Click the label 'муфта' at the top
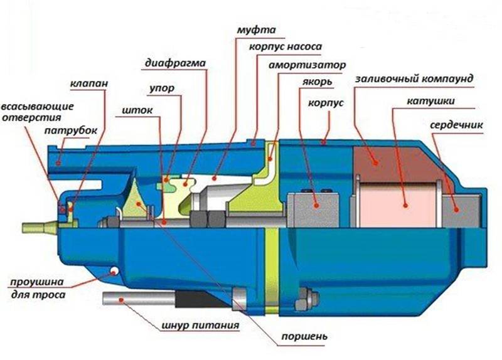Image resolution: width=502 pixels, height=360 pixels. (256, 30)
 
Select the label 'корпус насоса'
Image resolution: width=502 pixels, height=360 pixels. (286, 46)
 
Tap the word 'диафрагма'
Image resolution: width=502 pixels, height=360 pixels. (176, 63)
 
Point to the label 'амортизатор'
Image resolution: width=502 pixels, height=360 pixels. (307, 65)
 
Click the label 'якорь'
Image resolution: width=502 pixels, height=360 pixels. (318, 82)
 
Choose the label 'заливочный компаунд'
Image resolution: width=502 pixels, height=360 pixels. (414, 79)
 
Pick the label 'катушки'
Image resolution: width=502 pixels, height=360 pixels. (430, 102)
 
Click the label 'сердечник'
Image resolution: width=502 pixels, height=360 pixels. (456, 125)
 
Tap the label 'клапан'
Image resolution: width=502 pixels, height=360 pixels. (89, 84)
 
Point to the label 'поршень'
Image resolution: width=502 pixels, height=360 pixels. (304, 337)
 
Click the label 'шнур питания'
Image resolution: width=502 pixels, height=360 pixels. (200, 326)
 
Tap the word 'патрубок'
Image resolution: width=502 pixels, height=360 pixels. (70, 131)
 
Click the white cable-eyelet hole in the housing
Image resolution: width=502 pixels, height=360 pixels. (114, 272)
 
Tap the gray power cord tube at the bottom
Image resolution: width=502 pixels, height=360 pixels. (139, 299)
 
